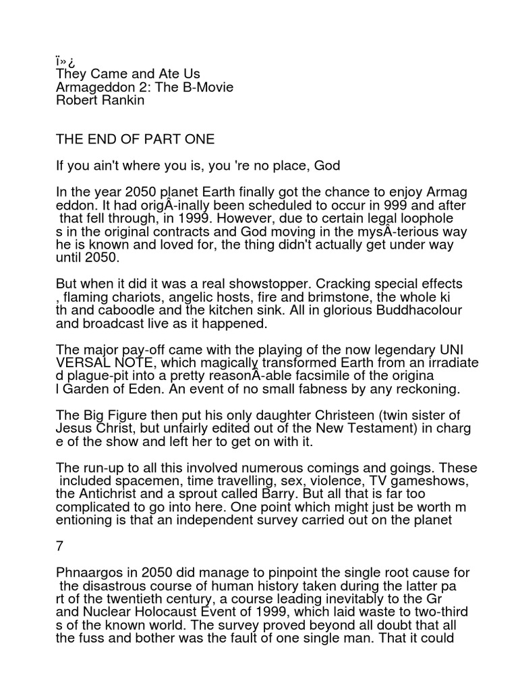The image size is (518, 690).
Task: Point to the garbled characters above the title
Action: click(x=65, y=60)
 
